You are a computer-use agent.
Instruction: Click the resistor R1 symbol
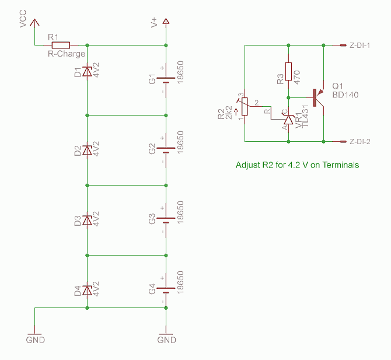(x=61, y=45)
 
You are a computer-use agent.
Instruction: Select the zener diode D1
(x=87, y=71)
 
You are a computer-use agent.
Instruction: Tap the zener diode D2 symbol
(x=87, y=150)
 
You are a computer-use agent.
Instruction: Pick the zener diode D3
(x=87, y=220)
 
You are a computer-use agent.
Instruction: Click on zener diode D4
(x=87, y=290)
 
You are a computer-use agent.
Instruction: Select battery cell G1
(x=166, y=80)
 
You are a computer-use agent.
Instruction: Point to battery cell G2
(x=166, y=150)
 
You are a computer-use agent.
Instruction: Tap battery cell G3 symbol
(x=166, y=220)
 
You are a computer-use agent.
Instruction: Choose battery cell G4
(x=166, y=290)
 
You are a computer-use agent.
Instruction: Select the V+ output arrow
(x=166, y=23)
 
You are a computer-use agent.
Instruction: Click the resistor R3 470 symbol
(x=288, y=71)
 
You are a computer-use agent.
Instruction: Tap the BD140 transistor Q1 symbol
(x=317, y=97)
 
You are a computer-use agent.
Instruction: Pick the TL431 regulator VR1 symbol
(x=288, y=120)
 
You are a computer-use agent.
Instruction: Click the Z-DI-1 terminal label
(x=363, y=46)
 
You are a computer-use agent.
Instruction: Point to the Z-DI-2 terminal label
(x=363, y=142)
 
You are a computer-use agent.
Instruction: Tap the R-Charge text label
(x=66, y=54)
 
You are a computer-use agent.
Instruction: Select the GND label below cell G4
(x=166, y=340)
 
